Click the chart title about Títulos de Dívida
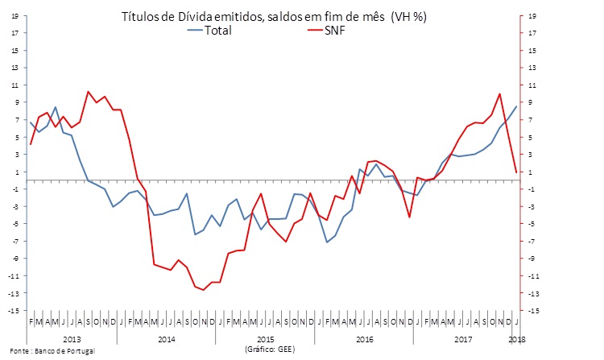274,17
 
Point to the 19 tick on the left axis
14,16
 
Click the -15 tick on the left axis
14,310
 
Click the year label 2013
71,339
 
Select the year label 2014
168,339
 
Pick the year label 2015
267,339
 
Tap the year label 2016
364,339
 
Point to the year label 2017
462,339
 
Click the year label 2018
516,339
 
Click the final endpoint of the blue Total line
516,107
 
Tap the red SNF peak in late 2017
500,94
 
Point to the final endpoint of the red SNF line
516,172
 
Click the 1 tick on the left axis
15,172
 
